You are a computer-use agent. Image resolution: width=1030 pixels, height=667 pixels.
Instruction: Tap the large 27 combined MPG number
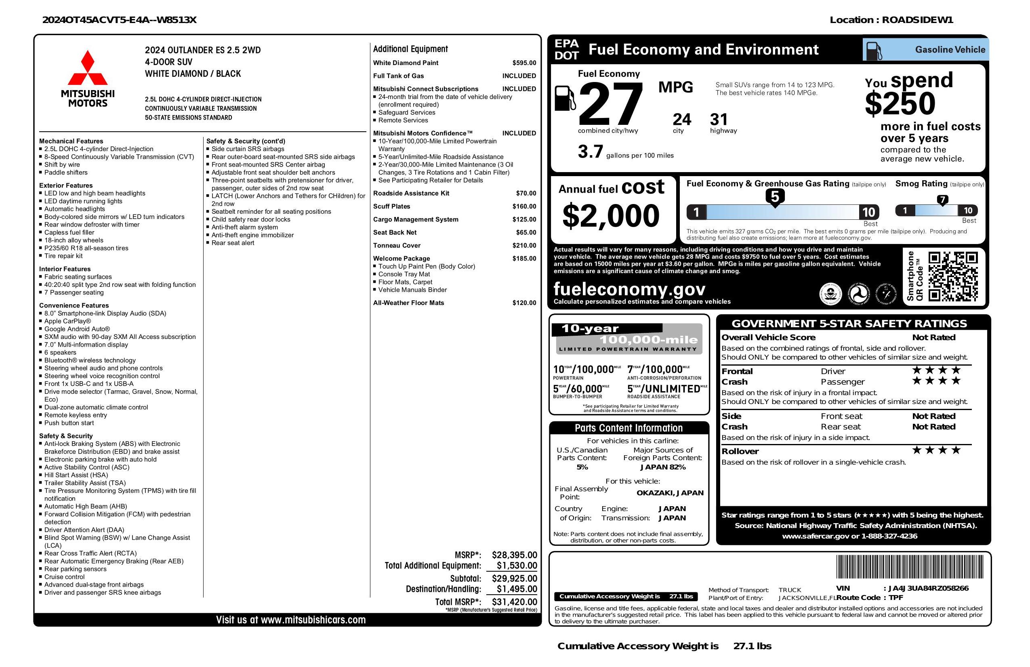point(610,105)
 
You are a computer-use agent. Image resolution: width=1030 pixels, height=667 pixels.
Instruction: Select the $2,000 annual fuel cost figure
point(611,216)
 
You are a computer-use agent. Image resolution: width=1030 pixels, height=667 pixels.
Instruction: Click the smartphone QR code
point(953,276)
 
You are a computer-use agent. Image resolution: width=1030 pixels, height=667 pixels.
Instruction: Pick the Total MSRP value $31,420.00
point(514,602)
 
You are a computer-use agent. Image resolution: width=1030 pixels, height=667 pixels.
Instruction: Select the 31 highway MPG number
point(719,120)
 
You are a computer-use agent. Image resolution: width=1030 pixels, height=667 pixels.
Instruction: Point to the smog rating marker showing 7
point(942,200)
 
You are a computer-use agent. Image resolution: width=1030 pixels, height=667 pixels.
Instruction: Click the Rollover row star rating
point(937,450)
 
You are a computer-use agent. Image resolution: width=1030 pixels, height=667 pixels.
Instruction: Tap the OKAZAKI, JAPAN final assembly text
point(670,492)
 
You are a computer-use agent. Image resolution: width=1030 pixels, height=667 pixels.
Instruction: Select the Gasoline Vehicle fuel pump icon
point(872,50)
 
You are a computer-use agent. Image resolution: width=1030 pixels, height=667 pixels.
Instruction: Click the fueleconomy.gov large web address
point(629,289)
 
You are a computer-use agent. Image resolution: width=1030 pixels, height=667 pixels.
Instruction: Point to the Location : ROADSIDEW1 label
point(891,20)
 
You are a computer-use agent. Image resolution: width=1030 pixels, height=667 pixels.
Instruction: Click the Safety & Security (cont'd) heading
point(246,141)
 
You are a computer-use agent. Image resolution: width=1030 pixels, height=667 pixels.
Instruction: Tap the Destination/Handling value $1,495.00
point(517,589)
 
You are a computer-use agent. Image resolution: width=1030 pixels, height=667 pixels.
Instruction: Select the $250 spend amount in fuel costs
point(900,103)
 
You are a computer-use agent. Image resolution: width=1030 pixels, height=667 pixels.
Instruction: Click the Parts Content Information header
point(629,428)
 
